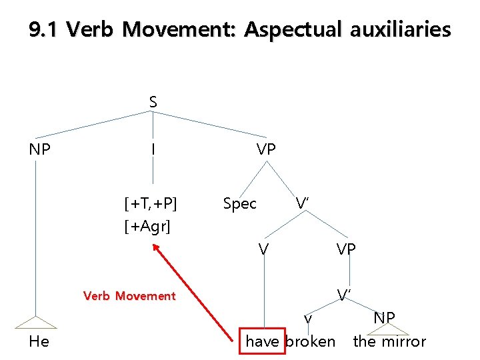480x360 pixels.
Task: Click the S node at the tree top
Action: [x=153, y=102]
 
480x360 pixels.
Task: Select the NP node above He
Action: [x=40, y=150]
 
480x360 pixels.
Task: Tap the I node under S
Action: [x=153, y=150]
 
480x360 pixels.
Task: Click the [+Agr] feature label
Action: [x=147, y=227]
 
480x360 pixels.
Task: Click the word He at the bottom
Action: [x=40, y=341]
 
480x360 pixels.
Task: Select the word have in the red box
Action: [x=263, y=341]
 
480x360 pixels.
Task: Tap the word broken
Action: [x=311, y=341]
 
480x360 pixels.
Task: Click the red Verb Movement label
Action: [x=129, y=296]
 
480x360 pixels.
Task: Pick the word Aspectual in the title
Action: [x=295, y=30]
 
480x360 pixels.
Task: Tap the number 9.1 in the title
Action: [x=44, y=30]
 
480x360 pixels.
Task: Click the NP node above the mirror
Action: [x=384, y=317]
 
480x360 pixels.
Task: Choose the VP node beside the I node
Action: [x=265, y=150]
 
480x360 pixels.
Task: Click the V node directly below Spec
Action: [x=264, y=250]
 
